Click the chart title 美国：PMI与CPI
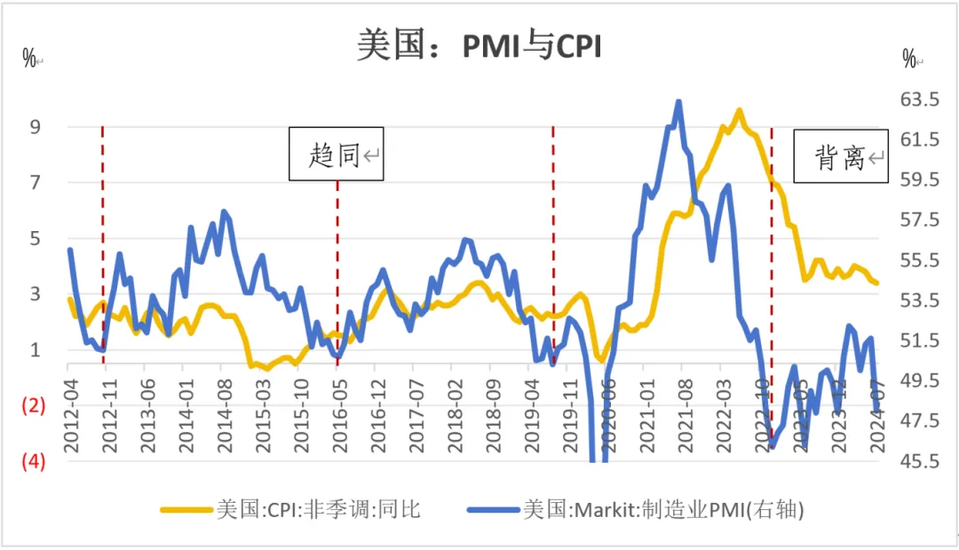[479, 45]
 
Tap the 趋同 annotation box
[337, 155]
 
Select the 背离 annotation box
[840, 157]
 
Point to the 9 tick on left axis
[36, 127]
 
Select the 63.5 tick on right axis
[919, 100]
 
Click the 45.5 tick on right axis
[919, 461]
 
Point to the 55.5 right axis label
[919, 260]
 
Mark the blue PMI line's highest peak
[679, 101]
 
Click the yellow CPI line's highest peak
[738, 110]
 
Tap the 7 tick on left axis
[36, 183]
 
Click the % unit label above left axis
[29, 60]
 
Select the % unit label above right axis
[910, 60]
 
